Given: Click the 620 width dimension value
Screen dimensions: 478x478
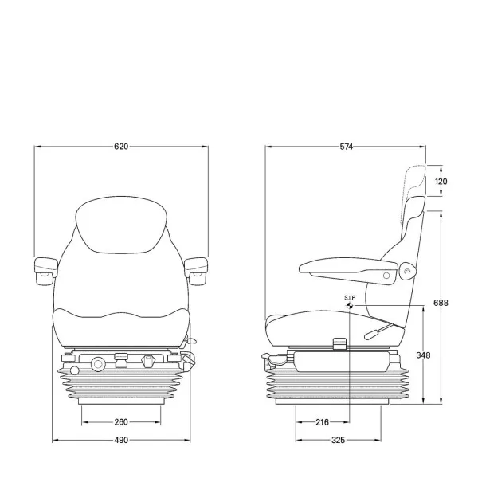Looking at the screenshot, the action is (121, 147).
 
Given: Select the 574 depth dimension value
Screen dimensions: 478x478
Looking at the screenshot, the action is (347, 147).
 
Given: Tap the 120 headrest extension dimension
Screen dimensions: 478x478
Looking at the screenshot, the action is (441, 182).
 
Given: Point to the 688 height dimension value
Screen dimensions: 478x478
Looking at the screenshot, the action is (441, 303).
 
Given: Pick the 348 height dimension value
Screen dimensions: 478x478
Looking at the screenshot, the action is (423, 355).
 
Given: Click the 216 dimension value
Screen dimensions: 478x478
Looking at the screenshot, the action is (322, 422).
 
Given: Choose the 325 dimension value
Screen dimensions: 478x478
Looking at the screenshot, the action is (338, 440).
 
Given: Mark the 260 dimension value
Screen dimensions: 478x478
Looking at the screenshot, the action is (121, 422).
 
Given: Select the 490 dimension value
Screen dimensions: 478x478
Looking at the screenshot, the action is (121, 440).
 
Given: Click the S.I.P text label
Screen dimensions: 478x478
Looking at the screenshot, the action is (350, 297).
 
